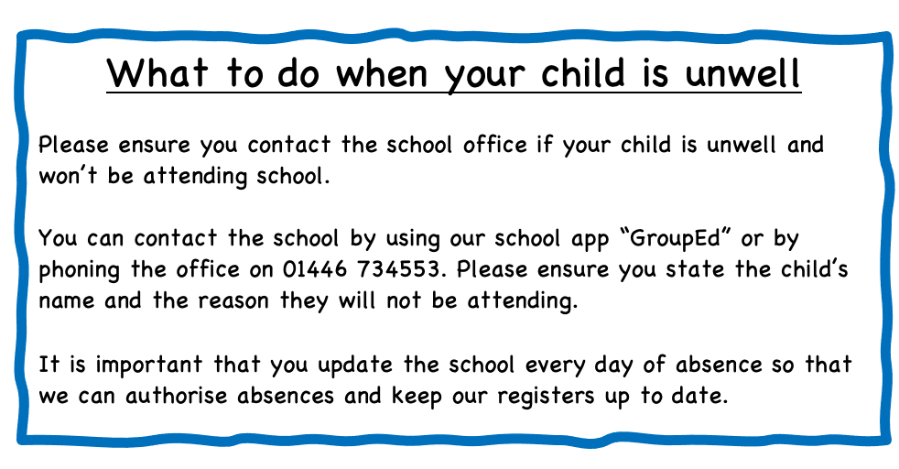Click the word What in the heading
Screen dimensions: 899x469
coord(157,72)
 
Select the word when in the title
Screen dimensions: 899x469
coord(382,72)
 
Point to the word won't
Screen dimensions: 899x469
coord(69,176)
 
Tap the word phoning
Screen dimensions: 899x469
coord(79,270)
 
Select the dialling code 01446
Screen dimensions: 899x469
coord(315,269)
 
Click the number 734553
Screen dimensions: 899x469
coord(401,269)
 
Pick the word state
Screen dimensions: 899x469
coord(695,269)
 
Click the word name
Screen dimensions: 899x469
coord(67,301)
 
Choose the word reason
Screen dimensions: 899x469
coord(233,301)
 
